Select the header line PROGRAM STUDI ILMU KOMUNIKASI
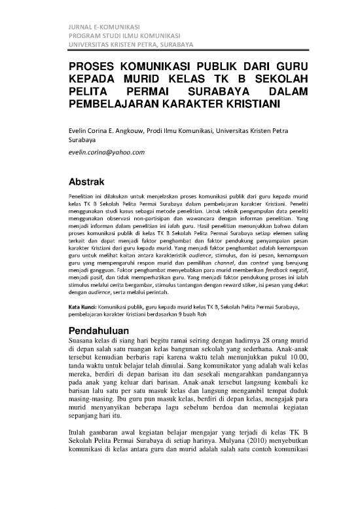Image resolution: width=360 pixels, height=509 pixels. coord(125,35)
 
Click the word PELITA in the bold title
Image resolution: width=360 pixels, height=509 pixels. coord(89,91)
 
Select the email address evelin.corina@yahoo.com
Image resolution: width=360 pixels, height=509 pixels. coord(107,152)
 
